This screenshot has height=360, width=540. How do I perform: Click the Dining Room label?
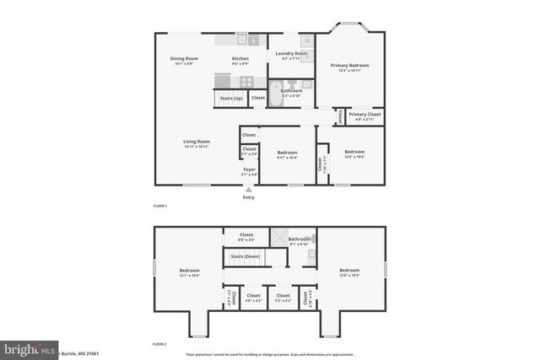pyautogui.click(x=184, y=58)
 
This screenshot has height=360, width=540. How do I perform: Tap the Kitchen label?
pyautogui.click(x=240, y=58)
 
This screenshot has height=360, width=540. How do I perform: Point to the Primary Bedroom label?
pyautogui.click(x=350, y=65)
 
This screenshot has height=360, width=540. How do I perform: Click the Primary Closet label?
pyautogui.click(x=364, y=114)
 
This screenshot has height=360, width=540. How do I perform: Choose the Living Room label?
pyautogui.click(x=197, y=142)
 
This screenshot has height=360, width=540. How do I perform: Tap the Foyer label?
pyautogui.click(x=250, y=169)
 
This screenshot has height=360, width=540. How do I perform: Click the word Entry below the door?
pyautogui.click(x=249, y=197)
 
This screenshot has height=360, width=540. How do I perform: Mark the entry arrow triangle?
pyautogui.click(x=249, y=189)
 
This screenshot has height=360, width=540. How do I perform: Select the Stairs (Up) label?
pyautogui.click(x=232, y=99)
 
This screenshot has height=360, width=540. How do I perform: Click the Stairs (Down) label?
pyautogui.click(x=245, y=255)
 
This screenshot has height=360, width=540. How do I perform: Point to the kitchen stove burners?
pyautogui.click(x=246, y=82)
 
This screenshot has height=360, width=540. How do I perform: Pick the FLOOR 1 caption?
pyautogui.click(x=160, y=207)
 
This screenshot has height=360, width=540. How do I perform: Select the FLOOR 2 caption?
pyautogui.click(x=160, y=344)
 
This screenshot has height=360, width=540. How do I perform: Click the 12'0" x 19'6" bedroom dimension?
pyautogui.click(x=349, y=275)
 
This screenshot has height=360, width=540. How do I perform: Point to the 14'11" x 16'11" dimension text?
pyautogui.click(x=197, y=147)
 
